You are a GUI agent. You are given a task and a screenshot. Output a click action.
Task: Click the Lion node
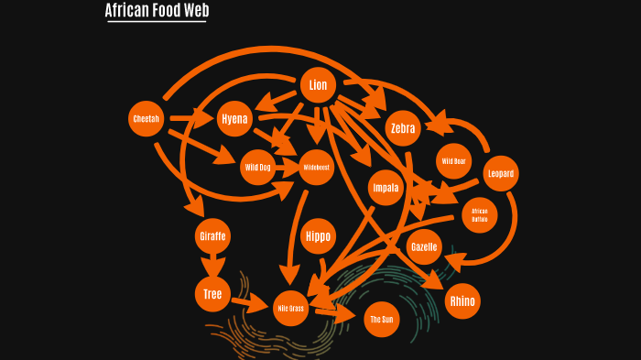pos(318,86)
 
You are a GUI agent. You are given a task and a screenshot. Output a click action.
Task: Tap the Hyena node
pos(234,119)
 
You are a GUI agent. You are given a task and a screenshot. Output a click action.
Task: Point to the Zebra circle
pos(403,128)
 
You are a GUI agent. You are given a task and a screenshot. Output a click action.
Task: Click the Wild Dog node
pos(257,168)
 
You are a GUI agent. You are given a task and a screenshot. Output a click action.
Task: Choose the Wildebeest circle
pos(316,168)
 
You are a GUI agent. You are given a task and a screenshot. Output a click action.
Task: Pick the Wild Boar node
pos(453,161)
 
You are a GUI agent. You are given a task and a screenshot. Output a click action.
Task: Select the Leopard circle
pos(501,173)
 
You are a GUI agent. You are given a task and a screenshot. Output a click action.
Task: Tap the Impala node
pos(386,188)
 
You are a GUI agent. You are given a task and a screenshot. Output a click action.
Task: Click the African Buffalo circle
pos(480,215)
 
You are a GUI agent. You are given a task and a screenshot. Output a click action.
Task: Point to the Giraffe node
pos(212,236)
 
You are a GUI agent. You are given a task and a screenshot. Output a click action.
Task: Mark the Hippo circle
pos(318,236)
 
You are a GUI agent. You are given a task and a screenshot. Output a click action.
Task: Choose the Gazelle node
pos(424,247)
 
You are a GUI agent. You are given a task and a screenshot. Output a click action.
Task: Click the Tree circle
pos(212,293)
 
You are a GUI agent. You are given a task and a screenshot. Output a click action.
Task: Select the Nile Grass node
pos(290,309)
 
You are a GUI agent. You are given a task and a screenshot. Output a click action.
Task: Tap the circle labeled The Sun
pos(381,320)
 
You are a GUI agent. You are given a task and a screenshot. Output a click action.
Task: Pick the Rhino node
pos(462,300)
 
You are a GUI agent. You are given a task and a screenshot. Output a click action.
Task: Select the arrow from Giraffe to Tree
pos(212,265)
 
